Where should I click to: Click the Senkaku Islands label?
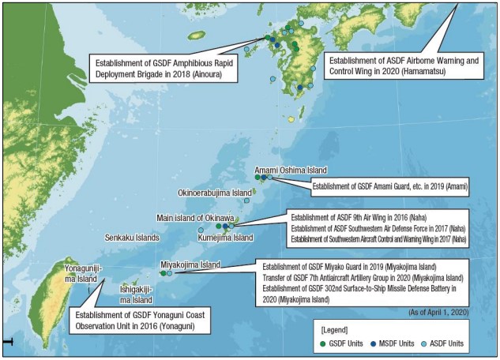132,238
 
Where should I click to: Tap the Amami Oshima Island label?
290,171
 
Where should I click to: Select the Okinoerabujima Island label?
215,193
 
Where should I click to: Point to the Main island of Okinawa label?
195,218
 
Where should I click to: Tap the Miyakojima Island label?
190,265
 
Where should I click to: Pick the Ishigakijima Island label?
137,294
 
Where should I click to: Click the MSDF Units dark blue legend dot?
376,344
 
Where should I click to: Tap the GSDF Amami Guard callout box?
389,187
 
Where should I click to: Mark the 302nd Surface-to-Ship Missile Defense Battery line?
363,289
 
